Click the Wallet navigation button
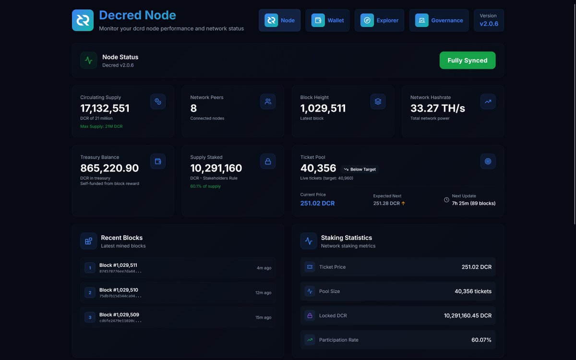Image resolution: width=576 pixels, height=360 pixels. click(x=327, y=20)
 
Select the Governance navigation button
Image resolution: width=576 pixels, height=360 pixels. click(x=439, y=20)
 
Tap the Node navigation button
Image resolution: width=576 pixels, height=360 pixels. click(x=279, y=20)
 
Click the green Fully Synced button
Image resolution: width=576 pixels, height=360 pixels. click(x=467, y=60)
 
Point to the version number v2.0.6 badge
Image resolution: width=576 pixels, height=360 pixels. click(x=489, y=24)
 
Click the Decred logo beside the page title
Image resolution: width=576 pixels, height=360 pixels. click(x=83, y=20)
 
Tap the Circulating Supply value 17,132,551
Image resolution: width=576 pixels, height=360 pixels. click(x=105, y=108)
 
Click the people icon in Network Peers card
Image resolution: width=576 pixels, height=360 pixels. click(x=268, y=101)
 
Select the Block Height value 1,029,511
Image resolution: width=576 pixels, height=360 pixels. click(x=323, y=108)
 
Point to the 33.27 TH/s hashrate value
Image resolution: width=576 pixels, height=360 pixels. click(x=437, y=108)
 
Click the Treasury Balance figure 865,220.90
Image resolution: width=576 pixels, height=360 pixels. click(x=109, y=168)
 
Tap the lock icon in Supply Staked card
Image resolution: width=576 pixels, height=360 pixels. click(x=268, y=161)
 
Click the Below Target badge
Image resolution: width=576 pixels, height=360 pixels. click(x=360, y=169)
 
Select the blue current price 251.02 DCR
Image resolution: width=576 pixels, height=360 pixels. click(x=317, y=204)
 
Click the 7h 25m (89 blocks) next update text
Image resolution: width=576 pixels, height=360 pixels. click(x=473, y=204)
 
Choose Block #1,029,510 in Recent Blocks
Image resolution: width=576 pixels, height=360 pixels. click(x=119, y=290)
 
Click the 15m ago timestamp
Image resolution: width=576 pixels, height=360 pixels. click(x=263, y=317)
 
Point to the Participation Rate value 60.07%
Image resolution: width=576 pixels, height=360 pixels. click(x=481, y=340)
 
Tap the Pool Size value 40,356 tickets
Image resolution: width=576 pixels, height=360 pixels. click(x=473, y=291)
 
